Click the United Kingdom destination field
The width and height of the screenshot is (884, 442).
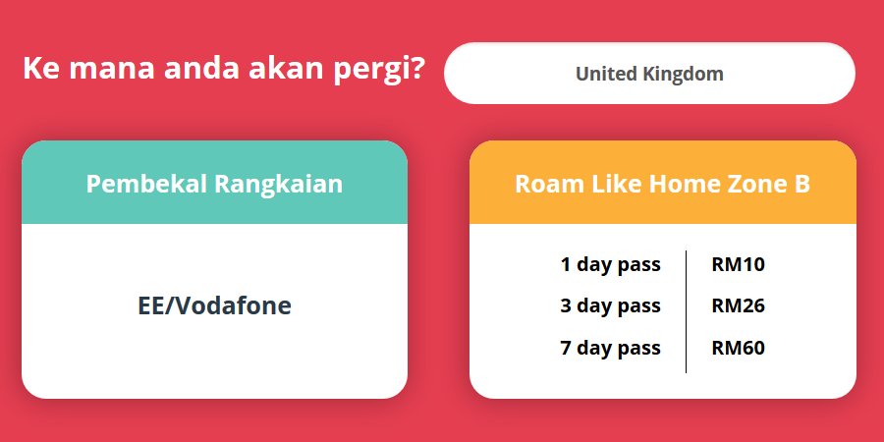(x=649, y=74)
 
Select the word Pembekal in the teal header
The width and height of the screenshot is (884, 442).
(x=146, y=184)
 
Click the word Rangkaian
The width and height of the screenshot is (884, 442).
(x=279, y=185)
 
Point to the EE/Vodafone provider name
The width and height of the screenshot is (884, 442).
(x=215, y=305)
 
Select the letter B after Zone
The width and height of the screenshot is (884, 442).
(x=802, y=184)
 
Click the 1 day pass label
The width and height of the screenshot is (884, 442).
(x=610, y=265)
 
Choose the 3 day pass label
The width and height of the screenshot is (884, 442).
(x=610, y=306)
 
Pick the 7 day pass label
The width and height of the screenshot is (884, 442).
(x=610, y=348)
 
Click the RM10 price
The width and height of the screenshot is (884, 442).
(x=738, y=264)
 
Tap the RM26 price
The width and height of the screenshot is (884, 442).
(x=738, y=305)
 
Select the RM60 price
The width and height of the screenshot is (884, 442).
(x=738, y=348)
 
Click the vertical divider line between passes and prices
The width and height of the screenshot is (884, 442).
(x=686, y=311)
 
